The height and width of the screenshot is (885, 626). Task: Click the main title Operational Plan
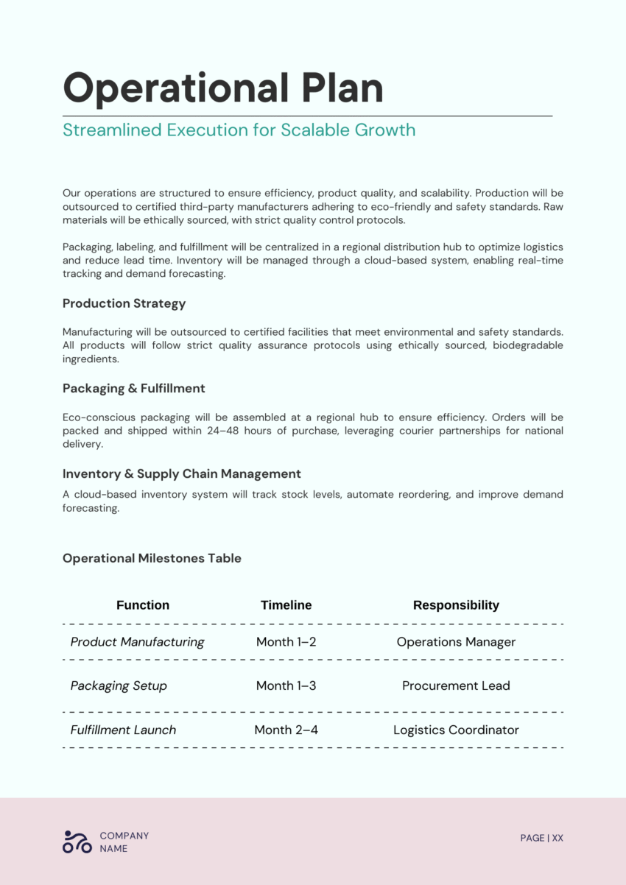pyautogui.click(x=223, y=88)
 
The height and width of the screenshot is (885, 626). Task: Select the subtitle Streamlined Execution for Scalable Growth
pyautogui.click(x=239, y=130)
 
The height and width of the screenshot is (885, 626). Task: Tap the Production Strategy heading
pyautogui.click(x=124, y=303)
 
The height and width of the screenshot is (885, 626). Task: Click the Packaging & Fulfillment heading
pyautogui.click(x=133, y=388)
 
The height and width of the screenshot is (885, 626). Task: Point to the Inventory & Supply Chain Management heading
pyautogui.click(x=181, y=473)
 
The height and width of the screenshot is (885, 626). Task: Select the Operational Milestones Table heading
pyautogui.click(x=152, y=558)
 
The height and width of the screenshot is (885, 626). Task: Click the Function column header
pyautogui.click(x=143, y=605)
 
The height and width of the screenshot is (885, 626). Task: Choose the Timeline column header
pyautogui.click(x=286, y=605)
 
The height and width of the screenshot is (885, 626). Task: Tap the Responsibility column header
pyautogui.click(x=456, y=605)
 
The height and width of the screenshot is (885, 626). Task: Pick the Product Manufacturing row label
pyautogui.click(x=137, y=642)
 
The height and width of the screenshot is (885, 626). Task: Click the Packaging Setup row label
pyautogui.click(x=119, y=685)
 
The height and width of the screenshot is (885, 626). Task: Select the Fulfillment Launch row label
pyautogui.click(x=123, y=730)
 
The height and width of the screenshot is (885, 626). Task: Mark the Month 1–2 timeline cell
pyautogui.click(x=286, y=642)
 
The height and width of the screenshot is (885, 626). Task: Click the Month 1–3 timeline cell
pyautogui.click(x=286, y=685)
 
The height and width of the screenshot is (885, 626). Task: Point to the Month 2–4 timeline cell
pyautogui.click(x=286, y=730)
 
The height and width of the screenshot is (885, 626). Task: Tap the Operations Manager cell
pyautogui.click(x=456, y=642)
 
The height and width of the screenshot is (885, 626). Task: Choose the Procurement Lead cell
pyautogui.click(x=456, y=685)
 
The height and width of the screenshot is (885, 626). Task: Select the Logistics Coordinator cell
pyautogui.click(x=456, y=730)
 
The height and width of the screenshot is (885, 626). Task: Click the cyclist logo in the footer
pyautogui.click(x=77, y=842)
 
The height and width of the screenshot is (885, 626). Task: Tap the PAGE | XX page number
pyautogui.click(x=541, y=838)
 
